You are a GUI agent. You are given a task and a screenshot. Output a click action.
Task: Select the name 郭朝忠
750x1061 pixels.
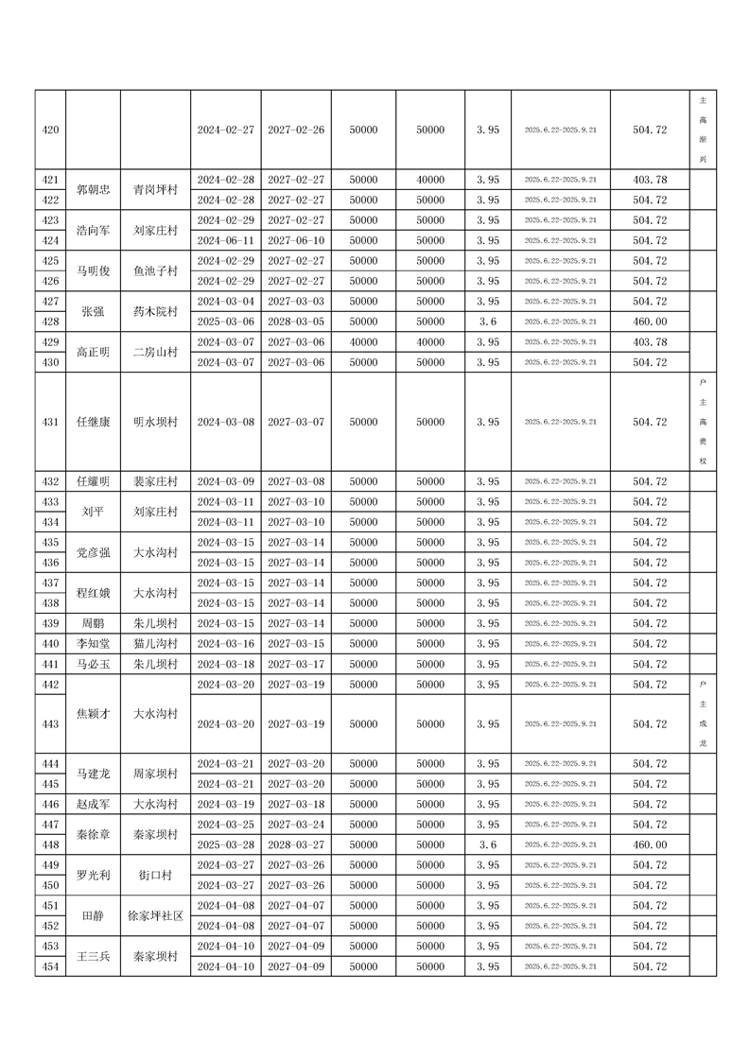point(94,189)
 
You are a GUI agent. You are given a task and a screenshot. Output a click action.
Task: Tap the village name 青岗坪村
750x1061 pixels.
point(155,189)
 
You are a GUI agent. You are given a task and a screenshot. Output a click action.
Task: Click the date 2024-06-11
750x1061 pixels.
point(225,240)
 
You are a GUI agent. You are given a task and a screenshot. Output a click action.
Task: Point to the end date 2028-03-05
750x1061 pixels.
point(296,322)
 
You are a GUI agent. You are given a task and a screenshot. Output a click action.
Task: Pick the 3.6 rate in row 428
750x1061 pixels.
point(487,322)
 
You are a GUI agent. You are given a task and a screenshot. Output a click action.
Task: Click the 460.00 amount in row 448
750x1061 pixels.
point(649,844)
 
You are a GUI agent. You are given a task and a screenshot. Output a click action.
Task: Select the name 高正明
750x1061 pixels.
point(94,352)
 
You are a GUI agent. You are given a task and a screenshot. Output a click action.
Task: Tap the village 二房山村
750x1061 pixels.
point(155,352)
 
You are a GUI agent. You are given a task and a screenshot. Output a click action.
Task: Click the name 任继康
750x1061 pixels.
point(94,422)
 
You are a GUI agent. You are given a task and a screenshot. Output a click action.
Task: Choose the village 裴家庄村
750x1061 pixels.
point(155,482)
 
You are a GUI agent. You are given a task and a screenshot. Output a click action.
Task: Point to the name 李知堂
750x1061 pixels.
point(94,644)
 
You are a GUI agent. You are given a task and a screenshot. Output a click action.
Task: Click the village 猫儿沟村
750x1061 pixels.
point(155,644)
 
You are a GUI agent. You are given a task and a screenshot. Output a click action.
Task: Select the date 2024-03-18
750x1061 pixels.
point(225,664)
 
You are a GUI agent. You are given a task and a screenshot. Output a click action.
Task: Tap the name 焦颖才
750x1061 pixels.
point(94,714)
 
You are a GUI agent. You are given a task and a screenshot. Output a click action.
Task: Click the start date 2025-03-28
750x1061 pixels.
point(225,844)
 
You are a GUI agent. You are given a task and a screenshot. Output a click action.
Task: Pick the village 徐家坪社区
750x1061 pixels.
point(155,915)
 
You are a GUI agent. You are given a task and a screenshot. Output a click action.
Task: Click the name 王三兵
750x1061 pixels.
point(94,956)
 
